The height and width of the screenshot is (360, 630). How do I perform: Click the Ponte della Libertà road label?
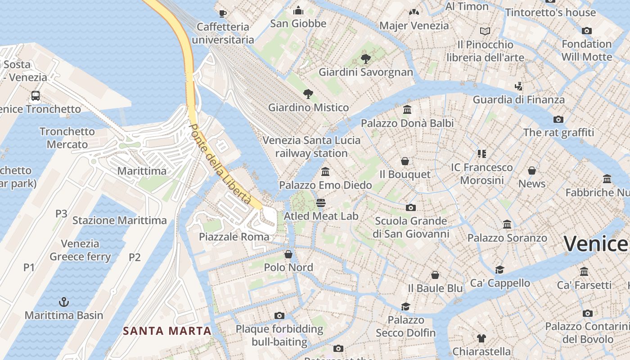tap(220, 164)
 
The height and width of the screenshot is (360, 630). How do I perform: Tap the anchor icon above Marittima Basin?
tap(64, 301)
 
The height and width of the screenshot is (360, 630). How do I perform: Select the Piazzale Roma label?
tap(234, 237)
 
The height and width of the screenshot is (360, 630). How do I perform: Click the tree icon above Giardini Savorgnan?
tap(365, 58)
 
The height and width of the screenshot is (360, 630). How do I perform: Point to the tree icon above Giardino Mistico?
tap(308, 94)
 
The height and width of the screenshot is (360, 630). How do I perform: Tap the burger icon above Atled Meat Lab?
tap(320, 202)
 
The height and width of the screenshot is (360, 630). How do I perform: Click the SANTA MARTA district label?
tap(167, 331)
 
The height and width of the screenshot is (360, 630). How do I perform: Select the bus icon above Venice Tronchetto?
tap(36, 95)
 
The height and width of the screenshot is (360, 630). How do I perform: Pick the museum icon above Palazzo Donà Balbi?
tap(407, 109)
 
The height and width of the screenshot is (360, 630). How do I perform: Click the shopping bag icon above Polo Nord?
tap(288, 254)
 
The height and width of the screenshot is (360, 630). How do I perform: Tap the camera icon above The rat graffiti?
tap(558, 119)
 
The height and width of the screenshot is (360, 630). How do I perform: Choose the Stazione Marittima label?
tap(120, 220)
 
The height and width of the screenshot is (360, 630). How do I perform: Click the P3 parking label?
tap(61, 213)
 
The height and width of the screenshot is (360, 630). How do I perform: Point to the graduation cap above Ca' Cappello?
tap(499, 270)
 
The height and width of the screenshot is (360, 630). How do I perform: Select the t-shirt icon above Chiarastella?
tap(481, 338)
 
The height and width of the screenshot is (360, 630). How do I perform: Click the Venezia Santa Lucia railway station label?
tap(311, 147)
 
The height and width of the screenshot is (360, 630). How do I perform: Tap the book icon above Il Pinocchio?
tap(485, 31)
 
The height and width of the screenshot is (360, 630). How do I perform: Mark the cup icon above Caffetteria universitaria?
tap(222, 13)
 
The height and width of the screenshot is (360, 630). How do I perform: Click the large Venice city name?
tap(596, 244)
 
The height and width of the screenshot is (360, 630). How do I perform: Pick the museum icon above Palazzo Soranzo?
tap(507, 224)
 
